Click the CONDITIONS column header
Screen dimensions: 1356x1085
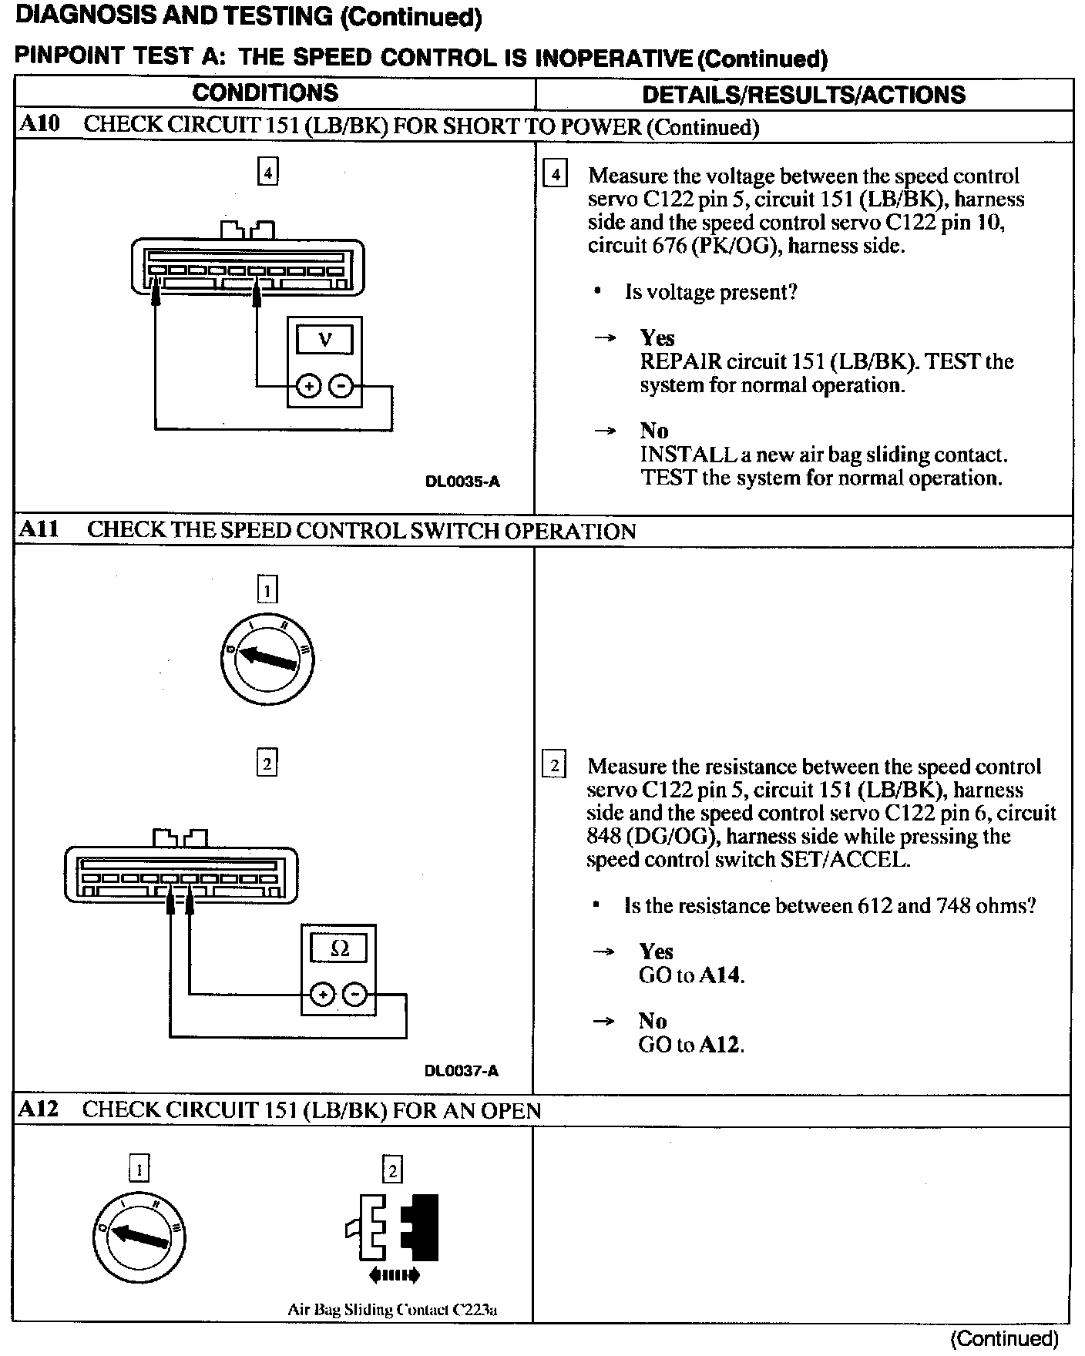265,93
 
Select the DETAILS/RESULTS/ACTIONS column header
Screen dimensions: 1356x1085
803,95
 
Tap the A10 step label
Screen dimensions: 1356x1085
39,124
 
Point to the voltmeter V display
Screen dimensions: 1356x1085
324,340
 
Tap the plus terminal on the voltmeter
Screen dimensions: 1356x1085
308,386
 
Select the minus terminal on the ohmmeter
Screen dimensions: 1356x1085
354,995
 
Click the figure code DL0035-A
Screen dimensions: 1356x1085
462,482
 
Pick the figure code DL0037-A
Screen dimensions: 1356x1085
461,1071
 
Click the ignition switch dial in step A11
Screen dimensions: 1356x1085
267,659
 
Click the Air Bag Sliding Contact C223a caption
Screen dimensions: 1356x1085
392,1309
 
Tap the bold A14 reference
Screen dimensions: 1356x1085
720,975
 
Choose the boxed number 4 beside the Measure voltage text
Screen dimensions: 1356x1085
555,175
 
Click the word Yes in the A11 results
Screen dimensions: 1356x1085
656,952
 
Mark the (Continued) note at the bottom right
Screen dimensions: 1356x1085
1004,1338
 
